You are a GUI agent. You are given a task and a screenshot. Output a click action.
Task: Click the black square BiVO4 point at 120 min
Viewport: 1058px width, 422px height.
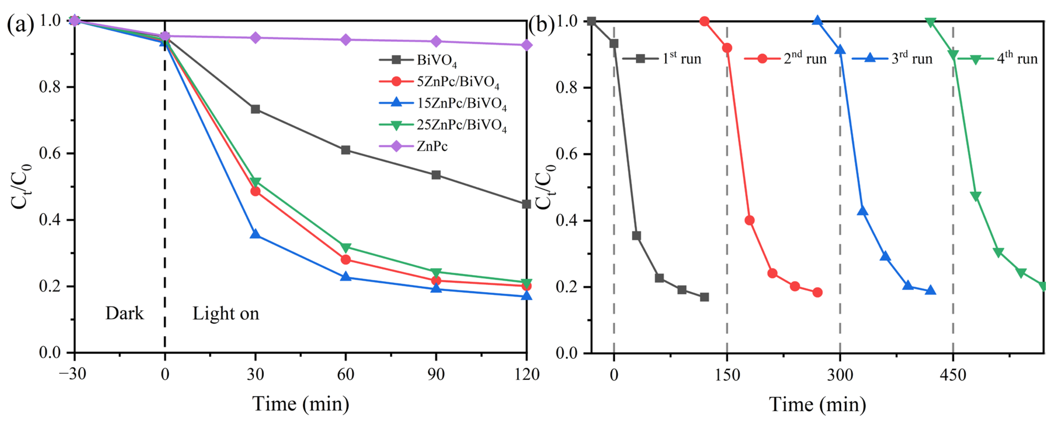[x=526, y=204]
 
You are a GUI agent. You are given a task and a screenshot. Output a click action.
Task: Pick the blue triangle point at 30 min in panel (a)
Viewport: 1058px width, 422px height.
[x=255, y=234]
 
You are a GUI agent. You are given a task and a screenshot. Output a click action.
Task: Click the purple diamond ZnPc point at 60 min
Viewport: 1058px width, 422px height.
[x=346, y=40]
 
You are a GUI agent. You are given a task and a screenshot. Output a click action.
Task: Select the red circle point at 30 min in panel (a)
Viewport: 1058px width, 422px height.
[x=255, y=191]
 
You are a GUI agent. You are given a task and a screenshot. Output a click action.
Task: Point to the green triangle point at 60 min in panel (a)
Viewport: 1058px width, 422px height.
[x=346, y=247]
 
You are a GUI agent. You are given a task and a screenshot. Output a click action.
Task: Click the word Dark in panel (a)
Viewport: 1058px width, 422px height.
[x=124, y=314]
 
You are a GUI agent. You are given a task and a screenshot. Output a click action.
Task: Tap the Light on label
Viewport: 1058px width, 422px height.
[x=226, y=314]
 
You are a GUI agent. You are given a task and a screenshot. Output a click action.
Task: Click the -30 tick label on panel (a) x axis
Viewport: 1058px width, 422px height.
[x=73, y=374]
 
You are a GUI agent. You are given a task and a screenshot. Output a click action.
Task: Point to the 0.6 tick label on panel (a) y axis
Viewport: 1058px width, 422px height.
[x=50, y=153]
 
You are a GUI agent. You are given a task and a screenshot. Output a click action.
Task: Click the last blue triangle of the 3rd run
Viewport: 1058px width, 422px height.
[x=930, y=290]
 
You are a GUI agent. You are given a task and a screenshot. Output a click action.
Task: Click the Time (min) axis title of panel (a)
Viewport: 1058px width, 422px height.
[x=300, y=404]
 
